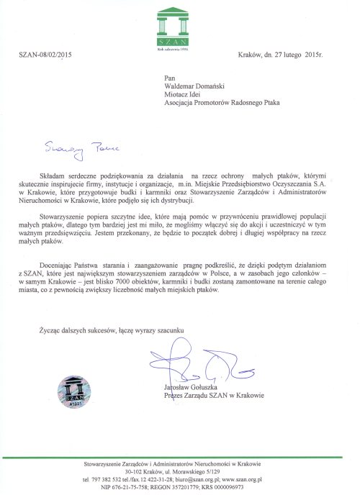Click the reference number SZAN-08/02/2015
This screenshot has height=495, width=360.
(45, 55)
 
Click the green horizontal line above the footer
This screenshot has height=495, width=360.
(180, 456)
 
